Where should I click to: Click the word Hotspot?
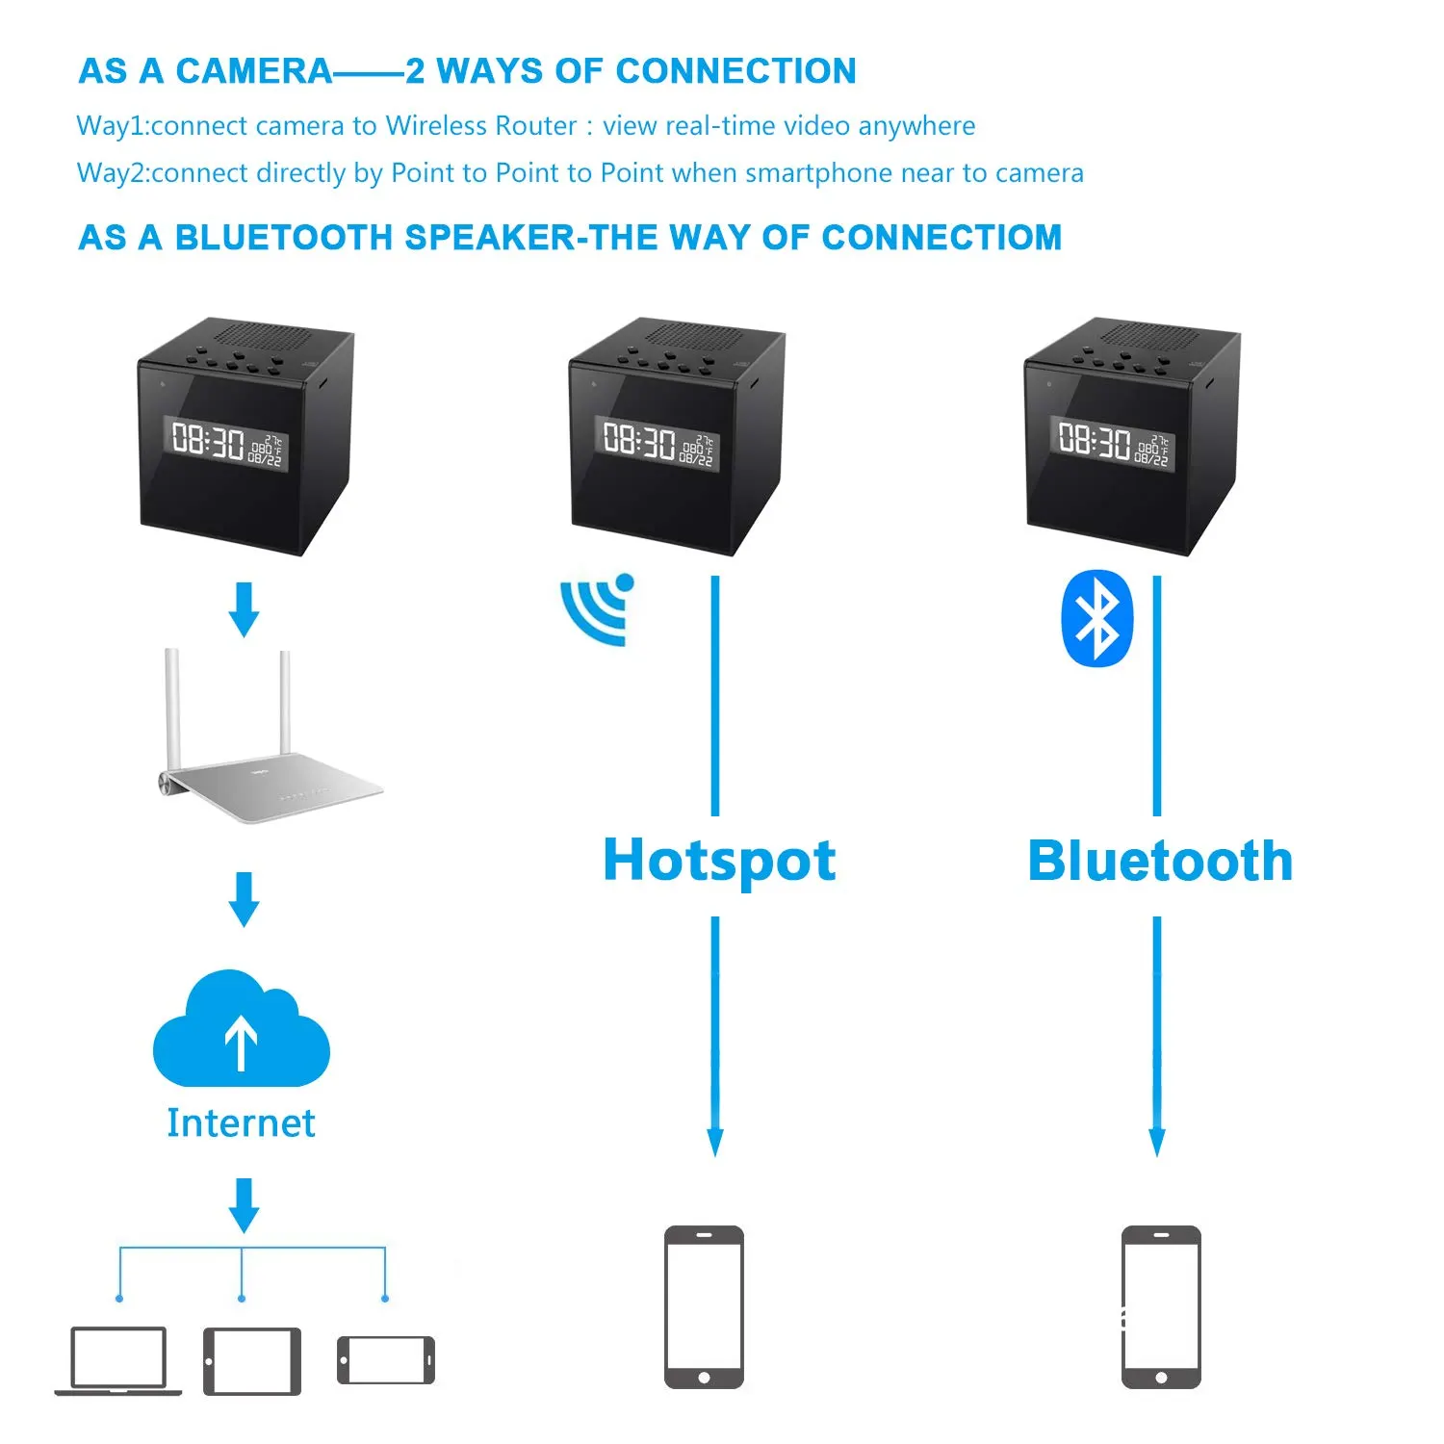point(719,860)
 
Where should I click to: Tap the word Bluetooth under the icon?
point(1159,861)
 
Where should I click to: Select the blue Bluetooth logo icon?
point(1096,618)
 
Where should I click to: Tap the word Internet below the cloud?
point(241,1123)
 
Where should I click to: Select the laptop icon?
point(118,1360)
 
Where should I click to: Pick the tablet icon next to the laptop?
point(252,1360)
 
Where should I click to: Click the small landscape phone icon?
point(386,1360)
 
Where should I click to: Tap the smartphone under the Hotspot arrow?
point(704,1306)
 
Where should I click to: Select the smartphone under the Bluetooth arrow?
point(1161,1306)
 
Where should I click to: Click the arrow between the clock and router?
point(245,608)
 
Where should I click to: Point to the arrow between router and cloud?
point(245,898)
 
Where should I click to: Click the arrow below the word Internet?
point(245,1204)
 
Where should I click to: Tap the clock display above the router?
point(227,443)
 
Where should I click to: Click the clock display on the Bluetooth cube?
point(1113,443)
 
